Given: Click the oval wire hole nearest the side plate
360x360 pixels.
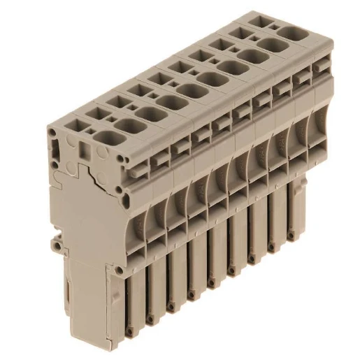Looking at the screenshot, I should pos(106,136).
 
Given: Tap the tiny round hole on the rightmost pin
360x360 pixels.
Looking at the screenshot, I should pos(289,236).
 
